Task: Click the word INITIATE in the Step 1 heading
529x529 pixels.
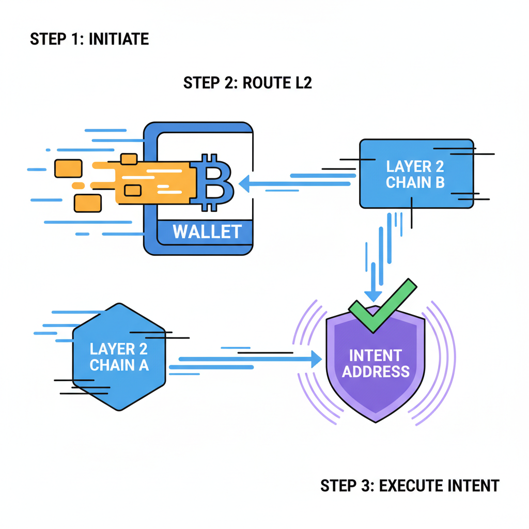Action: pyautogui.click(x=119, y=39)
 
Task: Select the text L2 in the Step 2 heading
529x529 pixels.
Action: pyautogui.click(x=302, y=83)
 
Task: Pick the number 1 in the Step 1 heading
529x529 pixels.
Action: pyautogui.click(x=76, y=39)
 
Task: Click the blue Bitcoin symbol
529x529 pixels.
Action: pyautogui.click(x=213, y=182)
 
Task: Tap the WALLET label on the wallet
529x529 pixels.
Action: pyautogui.click(x=207, y=231)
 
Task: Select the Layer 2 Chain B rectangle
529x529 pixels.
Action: pyautogui.click(x=416, y=174)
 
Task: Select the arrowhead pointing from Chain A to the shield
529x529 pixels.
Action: pyautogui.click(x=316, y=360)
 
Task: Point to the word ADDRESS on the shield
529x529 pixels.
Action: pyautogui.click(x=376, y=371)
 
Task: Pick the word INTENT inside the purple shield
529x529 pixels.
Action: pyautogui.click(x=376, y=355)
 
